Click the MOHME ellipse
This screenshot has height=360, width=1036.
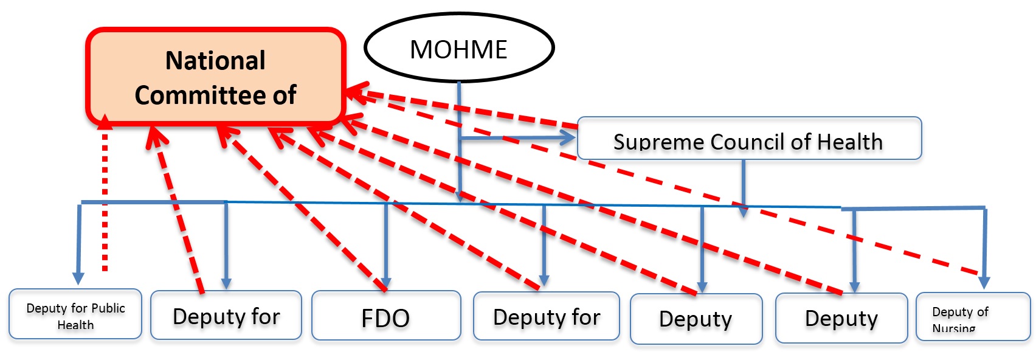point(459,49)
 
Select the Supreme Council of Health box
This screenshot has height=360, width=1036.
point(749,139)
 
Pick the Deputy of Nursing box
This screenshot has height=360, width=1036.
point(973,317)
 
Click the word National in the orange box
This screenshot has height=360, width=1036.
point(215,61)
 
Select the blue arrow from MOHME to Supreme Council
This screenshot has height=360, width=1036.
point(517,139)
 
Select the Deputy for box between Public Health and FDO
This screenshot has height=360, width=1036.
point(226,315)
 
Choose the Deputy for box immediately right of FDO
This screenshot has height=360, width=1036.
point(546,316)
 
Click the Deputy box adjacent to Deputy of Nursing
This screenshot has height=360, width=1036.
point(841,318)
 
